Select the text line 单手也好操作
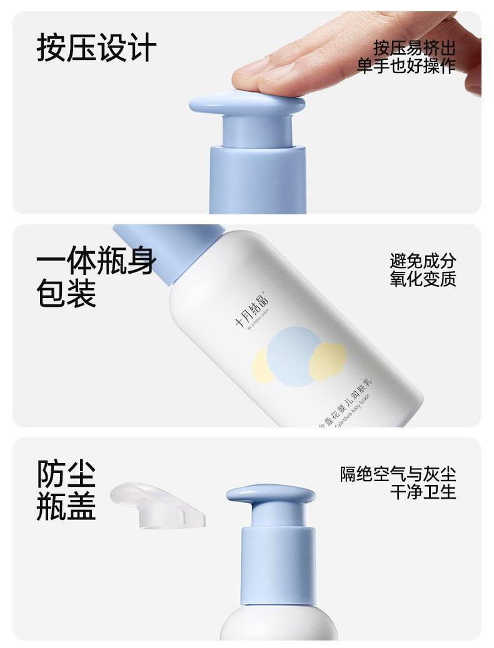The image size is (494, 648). tap(406, 66)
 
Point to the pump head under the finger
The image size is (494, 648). tap(247, 103)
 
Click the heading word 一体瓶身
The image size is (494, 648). tap(96, 261)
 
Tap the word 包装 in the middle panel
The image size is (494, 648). tap(66, 294)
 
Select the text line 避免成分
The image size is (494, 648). tap(423, 261)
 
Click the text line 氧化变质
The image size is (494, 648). tap(423, 279)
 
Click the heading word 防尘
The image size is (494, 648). tap(66, 474)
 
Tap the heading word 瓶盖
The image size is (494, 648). tap(66, 507)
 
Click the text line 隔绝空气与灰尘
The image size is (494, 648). tap(398, 474)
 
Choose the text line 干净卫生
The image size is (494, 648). tap(423, 492)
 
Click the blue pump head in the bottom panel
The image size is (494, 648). tap(271, 494)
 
